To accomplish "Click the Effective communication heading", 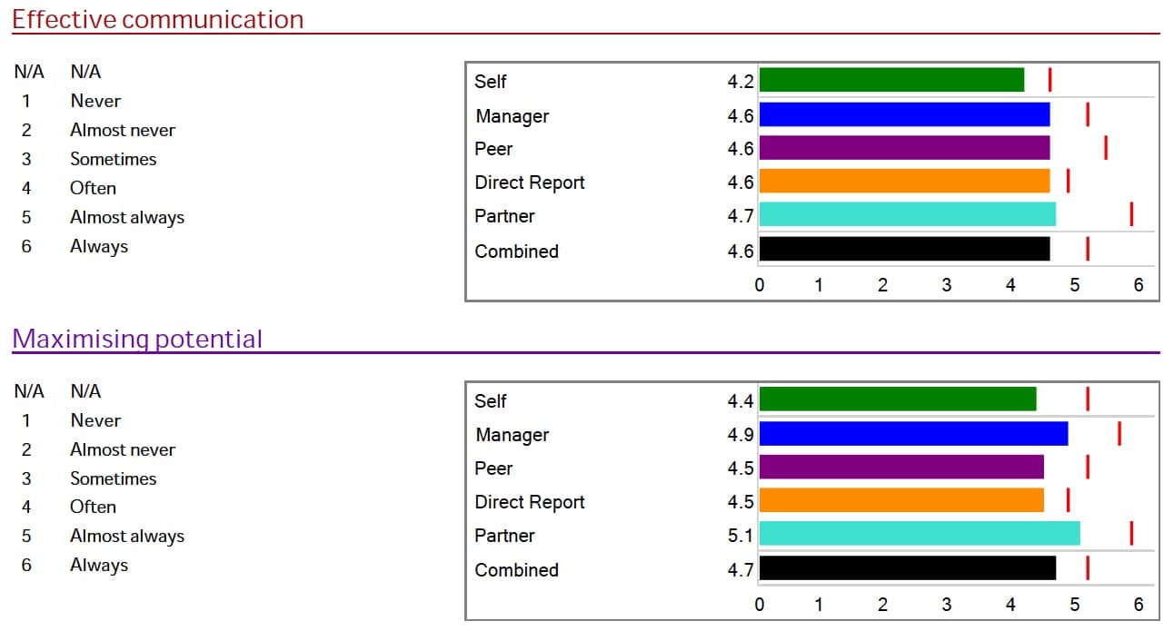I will pos(157,19).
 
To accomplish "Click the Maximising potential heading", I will pos(137,339).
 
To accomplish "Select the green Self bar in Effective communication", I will pos(891,80).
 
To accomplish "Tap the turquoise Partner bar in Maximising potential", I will pos(920,534).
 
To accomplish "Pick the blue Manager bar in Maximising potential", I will pos(913,434).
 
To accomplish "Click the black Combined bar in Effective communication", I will pos(904,249).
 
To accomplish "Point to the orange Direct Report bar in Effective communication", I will pos(904,181).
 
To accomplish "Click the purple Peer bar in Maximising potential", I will pos(901,467).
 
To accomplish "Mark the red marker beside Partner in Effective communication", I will pos(1131,214).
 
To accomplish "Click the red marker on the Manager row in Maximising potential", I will pos(1119,434).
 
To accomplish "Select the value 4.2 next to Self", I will pos(741,81).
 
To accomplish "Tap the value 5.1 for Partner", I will pos(741,536).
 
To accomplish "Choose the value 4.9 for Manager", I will pos(741,435).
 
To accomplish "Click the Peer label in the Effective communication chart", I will pos(493,149).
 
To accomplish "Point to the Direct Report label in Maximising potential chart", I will pos(530,502).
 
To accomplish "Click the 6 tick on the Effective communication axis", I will pos(1139,285).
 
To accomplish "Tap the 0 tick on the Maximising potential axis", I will pos(760,605).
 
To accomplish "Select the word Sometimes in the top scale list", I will pos(114,159).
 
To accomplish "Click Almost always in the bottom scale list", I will pos(127,536).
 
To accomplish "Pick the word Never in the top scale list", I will pos(95,101).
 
